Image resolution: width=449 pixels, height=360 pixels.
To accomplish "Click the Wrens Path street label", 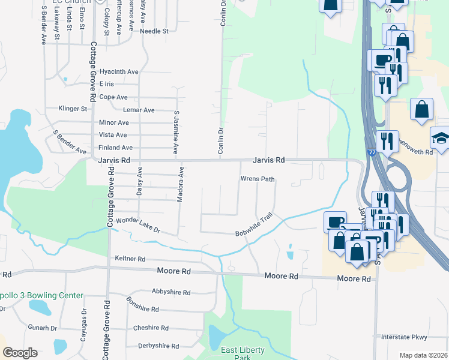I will coord(258,179).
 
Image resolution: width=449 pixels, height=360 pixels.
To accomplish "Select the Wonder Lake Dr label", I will coord(139,225).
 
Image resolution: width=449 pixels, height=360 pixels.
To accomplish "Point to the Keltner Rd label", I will coord(130,259).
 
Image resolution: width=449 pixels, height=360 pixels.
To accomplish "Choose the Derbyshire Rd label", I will coord(159,346).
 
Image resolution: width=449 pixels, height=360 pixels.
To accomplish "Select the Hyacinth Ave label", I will coord(119,71).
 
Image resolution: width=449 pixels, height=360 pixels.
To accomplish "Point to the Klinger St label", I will coord(73,109).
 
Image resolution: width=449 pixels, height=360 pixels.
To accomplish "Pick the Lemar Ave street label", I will coord(139,110).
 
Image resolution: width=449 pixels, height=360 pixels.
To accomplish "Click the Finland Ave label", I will coord(115,148).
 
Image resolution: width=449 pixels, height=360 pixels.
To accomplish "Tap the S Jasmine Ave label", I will coord(176,131).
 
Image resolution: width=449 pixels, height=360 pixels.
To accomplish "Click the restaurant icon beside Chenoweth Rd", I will coord(388,142).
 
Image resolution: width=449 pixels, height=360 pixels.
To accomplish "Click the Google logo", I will coord(20,353).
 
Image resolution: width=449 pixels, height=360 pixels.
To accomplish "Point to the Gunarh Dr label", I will coord(42,328).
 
